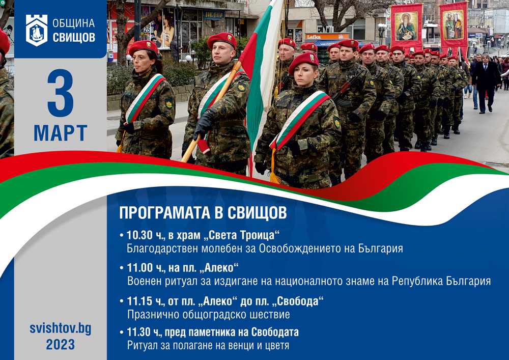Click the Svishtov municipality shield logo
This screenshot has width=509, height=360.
pyautogui.click(x=37, y=30)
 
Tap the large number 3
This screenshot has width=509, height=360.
pyautogui.click(x=61, y=93)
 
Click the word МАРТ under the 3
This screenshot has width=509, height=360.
pyautogui.click(x=61, y=133)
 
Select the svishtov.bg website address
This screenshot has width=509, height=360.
pyautogui.click(x=61, y=328)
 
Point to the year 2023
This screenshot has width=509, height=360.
pyautogui.click(x=61, y=344)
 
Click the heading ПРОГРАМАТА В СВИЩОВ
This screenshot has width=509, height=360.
pyautogui.click(x=203, y=213)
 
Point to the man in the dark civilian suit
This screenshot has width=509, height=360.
pyautogui.click(x=486, y=83)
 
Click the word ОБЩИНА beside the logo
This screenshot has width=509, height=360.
pyautogui.click(x=74, y=23)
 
